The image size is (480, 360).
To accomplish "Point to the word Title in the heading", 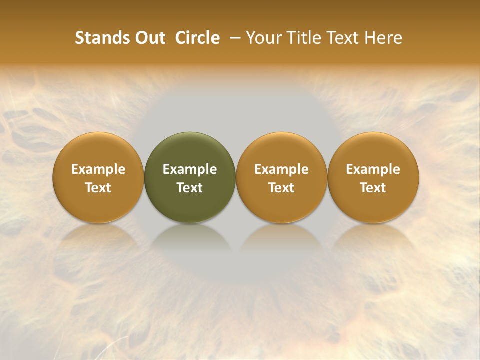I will coord(305,38).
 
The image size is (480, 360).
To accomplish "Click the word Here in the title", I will coord(383,38).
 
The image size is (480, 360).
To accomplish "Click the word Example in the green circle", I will coord(190,169).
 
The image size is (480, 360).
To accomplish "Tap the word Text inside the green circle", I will coord(190,188).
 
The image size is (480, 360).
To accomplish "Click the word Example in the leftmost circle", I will coord(98,169).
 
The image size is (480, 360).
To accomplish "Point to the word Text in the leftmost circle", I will coord(98,188).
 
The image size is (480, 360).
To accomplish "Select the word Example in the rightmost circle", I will coord(373,169).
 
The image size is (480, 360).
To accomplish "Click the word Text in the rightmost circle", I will coord(373,188).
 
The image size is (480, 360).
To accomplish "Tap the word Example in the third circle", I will coord(281,169).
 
